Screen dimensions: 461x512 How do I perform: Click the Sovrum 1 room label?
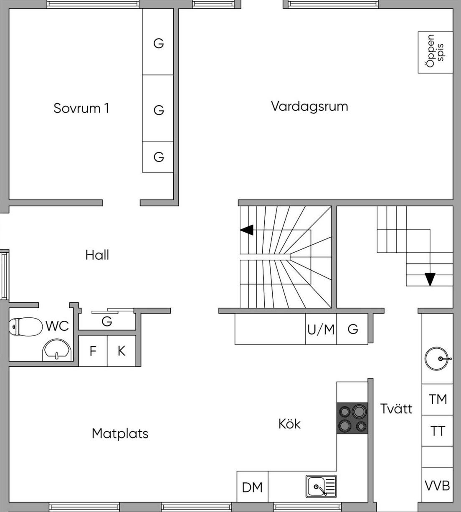81,108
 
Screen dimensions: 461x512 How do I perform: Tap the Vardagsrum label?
309,106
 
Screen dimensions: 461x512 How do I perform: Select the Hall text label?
97,255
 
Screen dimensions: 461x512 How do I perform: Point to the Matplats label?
120,433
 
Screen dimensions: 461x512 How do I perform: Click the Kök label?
289,424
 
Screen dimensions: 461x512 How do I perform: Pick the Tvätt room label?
396,408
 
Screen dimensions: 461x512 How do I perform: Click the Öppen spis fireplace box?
435,52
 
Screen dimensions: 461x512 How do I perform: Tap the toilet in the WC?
25,327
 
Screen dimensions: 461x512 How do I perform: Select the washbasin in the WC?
57,350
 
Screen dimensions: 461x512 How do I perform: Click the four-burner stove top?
352,418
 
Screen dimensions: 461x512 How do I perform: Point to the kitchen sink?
321,487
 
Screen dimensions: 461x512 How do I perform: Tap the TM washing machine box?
438,399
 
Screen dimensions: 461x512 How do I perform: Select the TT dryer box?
438,431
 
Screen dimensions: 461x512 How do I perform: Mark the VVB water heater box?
438,485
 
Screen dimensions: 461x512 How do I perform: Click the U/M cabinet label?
321,330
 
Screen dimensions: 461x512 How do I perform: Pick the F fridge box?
93,351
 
